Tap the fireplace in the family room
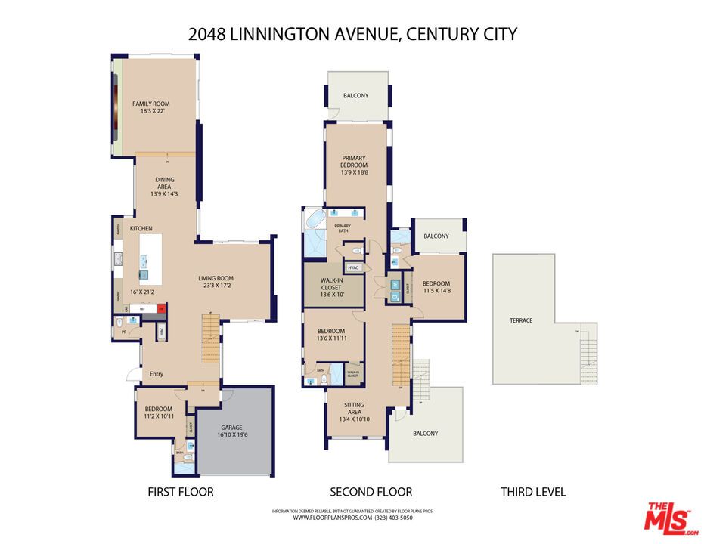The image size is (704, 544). [x=116, y=106]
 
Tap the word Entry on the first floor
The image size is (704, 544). [x=157, y=374]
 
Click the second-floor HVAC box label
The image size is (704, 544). [x=353, y=267]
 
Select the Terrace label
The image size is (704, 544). [x=521, y=320]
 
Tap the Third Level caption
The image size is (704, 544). [x=533, y=492]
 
